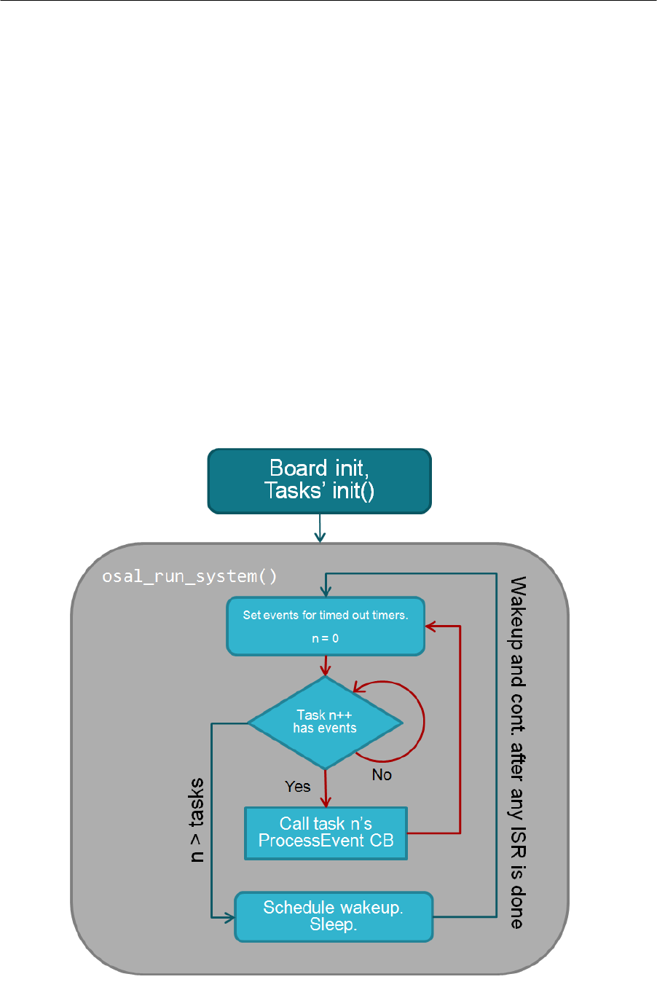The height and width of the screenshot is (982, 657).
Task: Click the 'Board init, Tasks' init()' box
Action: point(319,480)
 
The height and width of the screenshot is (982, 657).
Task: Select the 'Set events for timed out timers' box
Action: point(325,625)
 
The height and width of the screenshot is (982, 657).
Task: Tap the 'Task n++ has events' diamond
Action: point(325,722)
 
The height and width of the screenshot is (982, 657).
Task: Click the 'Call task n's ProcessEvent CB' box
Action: point(326,833)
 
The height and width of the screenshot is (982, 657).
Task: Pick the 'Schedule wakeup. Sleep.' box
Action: point(334,916)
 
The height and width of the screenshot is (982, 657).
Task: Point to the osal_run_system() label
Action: point(189,576)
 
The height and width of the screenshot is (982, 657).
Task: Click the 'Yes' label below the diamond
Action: point(297,787)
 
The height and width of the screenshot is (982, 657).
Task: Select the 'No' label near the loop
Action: point(382,774)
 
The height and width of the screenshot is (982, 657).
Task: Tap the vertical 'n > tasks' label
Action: point(197,820)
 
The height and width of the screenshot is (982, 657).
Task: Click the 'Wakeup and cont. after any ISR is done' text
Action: point(517,752)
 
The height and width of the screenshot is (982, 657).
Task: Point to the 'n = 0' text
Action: point(325,638)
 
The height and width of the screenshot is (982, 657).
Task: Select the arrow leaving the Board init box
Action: point(320,527)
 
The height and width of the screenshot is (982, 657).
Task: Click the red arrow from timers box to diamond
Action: point(325,665)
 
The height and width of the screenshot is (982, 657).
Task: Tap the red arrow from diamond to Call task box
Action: point(325,788)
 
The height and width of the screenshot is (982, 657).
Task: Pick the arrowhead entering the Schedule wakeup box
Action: point(229,917)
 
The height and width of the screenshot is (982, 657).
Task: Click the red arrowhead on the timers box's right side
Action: point(430,626)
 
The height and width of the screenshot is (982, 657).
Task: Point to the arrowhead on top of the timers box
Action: point(326,592)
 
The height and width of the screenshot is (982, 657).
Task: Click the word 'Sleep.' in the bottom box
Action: point(333,924)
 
